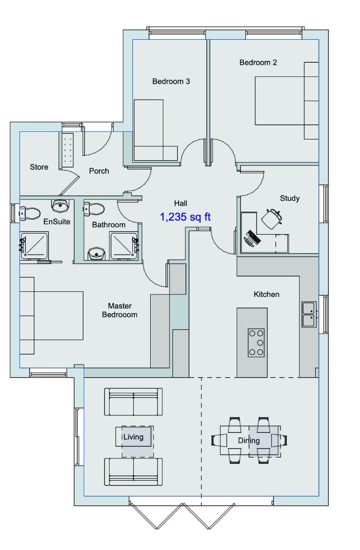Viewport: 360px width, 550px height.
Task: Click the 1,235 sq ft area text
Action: point(185,217)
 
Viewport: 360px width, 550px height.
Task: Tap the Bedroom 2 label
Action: point(258,63)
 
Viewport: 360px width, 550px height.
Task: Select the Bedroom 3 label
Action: point(171,81)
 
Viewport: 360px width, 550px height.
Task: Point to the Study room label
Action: point(290,199)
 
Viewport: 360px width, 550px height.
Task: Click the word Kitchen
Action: point(266,294)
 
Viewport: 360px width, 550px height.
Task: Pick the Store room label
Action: point(39,167)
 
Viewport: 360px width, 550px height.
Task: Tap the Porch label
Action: point(99,171)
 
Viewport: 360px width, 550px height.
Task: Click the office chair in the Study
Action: point(272,218)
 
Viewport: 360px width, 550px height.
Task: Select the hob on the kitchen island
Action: point(256,343)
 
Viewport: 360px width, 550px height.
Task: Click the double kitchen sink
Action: point(309,314)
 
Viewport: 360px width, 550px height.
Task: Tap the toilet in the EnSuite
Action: point(30,213)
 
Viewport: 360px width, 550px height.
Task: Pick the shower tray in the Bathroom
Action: point(124,245)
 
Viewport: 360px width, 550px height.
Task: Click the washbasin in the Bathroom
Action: point(96,253)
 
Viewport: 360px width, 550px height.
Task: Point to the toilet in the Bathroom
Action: point(94,209)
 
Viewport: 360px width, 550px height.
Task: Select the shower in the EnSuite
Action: point(34,245)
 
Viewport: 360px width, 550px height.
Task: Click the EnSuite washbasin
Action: point(61,206)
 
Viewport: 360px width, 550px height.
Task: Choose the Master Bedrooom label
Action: point(120,311)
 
